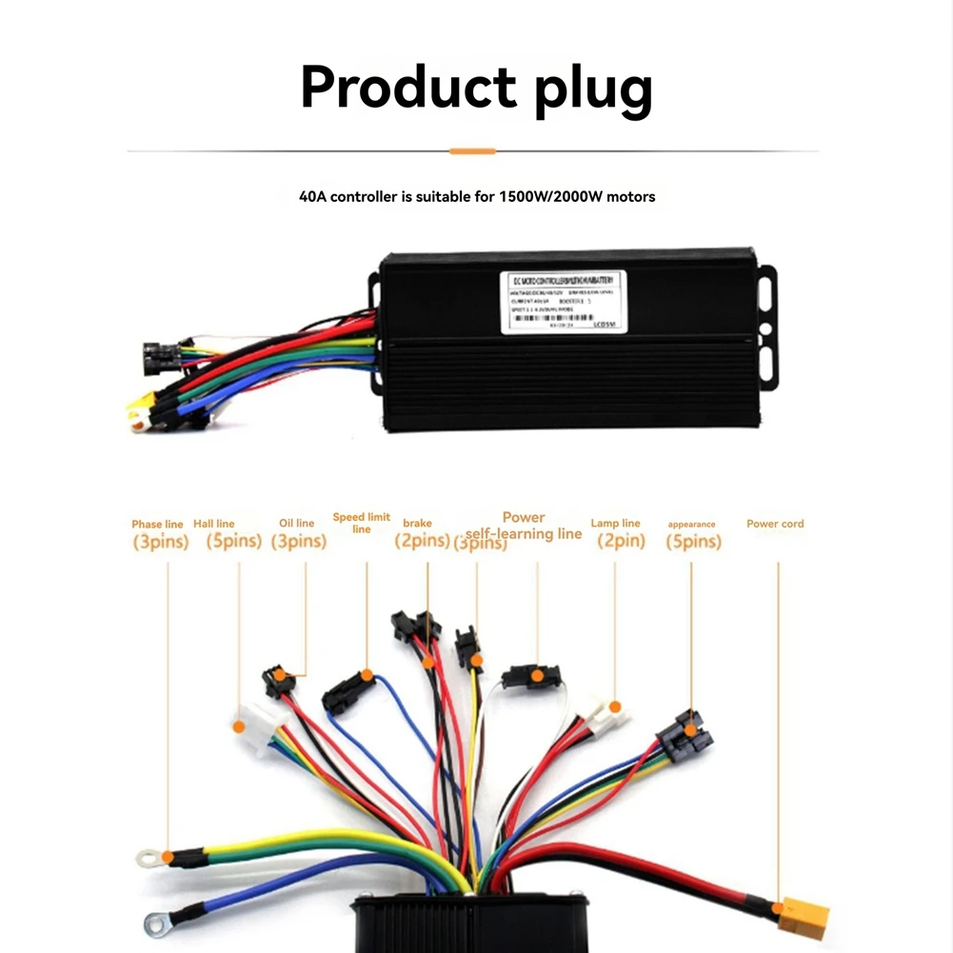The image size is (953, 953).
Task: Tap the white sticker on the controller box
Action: tap(564, 302)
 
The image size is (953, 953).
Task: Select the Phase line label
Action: tap(158, 525)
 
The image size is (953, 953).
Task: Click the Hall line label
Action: tap(214, 524)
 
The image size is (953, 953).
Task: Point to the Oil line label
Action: tap(296, 523)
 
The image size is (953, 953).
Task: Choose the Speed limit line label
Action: tap(362, 523)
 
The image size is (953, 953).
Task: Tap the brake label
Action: tap(417, 523)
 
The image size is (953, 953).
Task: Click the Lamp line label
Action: tap(616, 523)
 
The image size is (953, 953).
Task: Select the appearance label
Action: tap(691, 524)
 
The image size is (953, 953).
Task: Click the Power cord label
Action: tap(775, 524)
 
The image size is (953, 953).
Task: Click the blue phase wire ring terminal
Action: tap(157, 921)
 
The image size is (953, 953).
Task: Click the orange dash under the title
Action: tap(472, 150)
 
